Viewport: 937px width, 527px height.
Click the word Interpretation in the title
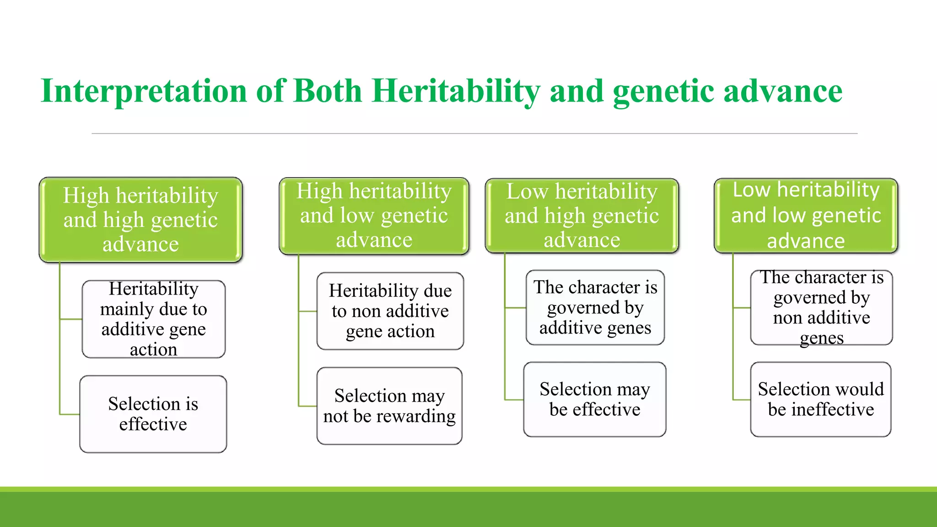click(144, 91)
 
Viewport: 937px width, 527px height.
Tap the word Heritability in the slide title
click(455, 91)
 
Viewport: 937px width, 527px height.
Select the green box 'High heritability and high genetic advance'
click(140, 220)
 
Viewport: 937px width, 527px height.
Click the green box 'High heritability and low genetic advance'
click(374, 215)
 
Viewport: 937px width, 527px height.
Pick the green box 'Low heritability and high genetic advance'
click(582, 215)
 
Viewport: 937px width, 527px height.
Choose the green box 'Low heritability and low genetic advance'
click(806, 215)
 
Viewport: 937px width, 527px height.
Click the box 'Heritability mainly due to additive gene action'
click(153, 319)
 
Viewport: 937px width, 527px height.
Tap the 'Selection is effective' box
click(153, 414)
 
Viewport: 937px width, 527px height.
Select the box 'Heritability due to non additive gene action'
click(390, 311)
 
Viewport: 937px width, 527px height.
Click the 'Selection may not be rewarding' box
click(389, 406)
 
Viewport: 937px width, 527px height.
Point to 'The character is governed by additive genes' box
click(595, 307)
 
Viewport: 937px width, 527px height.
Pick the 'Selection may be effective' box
click(594, 399)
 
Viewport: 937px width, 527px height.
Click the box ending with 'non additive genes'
click(821, 307)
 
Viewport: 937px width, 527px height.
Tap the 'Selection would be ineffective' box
click(820, 399)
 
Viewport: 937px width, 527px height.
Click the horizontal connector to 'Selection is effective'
click(70, 414)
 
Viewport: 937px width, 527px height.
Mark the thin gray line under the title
click(474, 134)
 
